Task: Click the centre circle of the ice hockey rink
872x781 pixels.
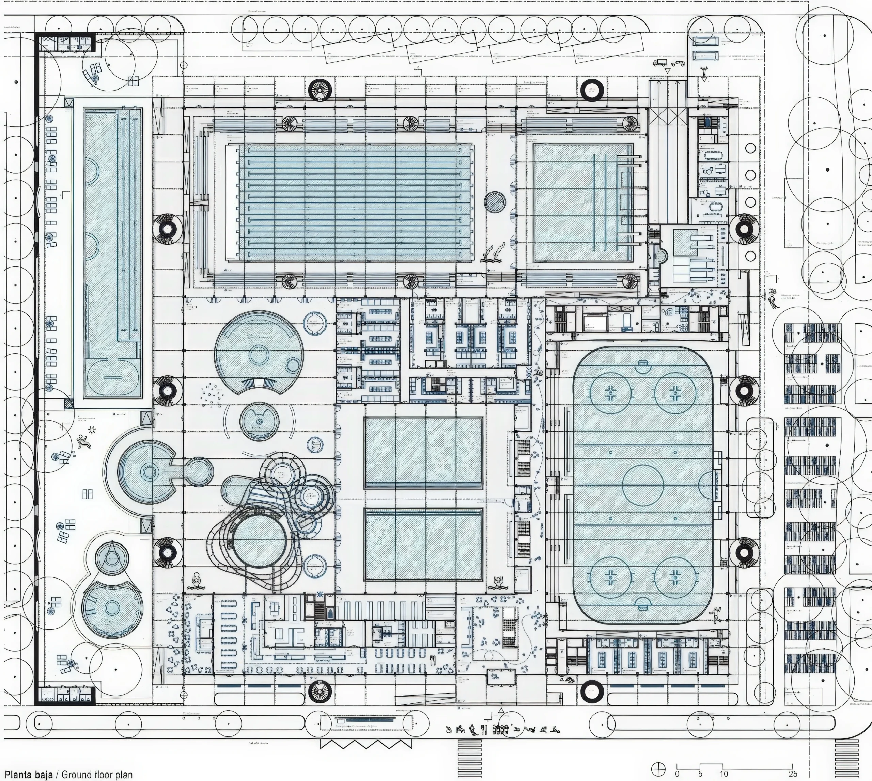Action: [643, 485]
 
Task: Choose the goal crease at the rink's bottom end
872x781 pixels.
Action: [643, 604]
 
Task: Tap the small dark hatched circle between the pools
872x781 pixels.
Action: [495, 202]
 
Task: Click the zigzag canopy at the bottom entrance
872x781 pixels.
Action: [366, 744]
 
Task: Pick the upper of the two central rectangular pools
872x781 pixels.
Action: [423, 453]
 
